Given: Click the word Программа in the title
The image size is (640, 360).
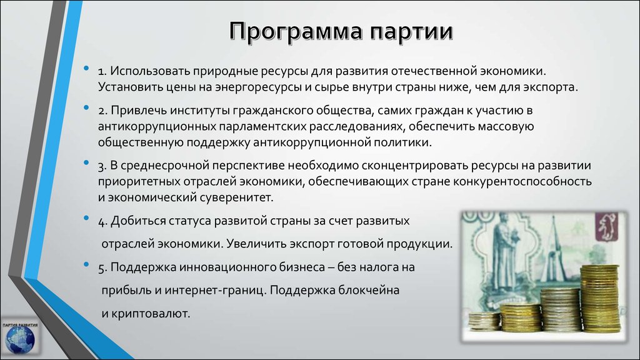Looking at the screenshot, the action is pyautogui.click(x=296, y=31).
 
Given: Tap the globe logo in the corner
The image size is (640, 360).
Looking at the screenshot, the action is pyautogui.click(x=20, y=338).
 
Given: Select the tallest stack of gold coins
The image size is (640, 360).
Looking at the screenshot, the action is pyautogui.click(x=600, y=298).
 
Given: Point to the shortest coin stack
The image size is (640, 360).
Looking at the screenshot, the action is pyautogui.click(x=484, y=321).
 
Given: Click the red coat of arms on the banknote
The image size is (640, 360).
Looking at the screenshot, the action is pyautogui.click(x=606, y=227).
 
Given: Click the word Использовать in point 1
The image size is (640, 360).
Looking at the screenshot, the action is pyautogui.click(x=149, y=71).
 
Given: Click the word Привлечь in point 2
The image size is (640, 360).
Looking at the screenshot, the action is pyautogui.click(x=138, y=111).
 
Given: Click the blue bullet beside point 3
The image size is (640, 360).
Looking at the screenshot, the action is pyautogui.click(x=86, y=162).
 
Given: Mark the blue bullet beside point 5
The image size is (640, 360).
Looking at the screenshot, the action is pyautogui.click(x=86, y=264).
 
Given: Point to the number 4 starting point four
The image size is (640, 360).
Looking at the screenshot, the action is pyautogui.click(x=102, y=222).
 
